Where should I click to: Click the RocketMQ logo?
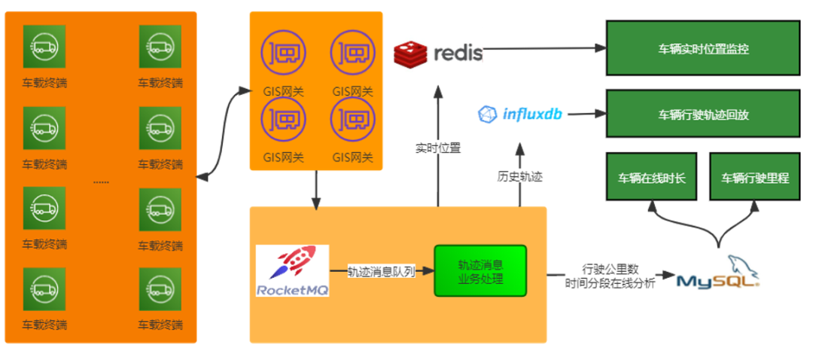point(292,270)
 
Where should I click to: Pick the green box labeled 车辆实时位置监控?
point(702,49)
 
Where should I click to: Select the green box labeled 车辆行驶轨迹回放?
point(702,115)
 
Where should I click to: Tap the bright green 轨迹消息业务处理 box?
point(480,270)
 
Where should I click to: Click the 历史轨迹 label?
point(519,177)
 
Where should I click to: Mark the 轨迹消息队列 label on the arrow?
point(381,272)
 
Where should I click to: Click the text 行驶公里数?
point(611,268)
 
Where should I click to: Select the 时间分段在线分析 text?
point(611,282)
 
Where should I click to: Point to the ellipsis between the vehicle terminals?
point(101,182)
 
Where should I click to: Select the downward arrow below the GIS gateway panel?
point(316,190)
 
